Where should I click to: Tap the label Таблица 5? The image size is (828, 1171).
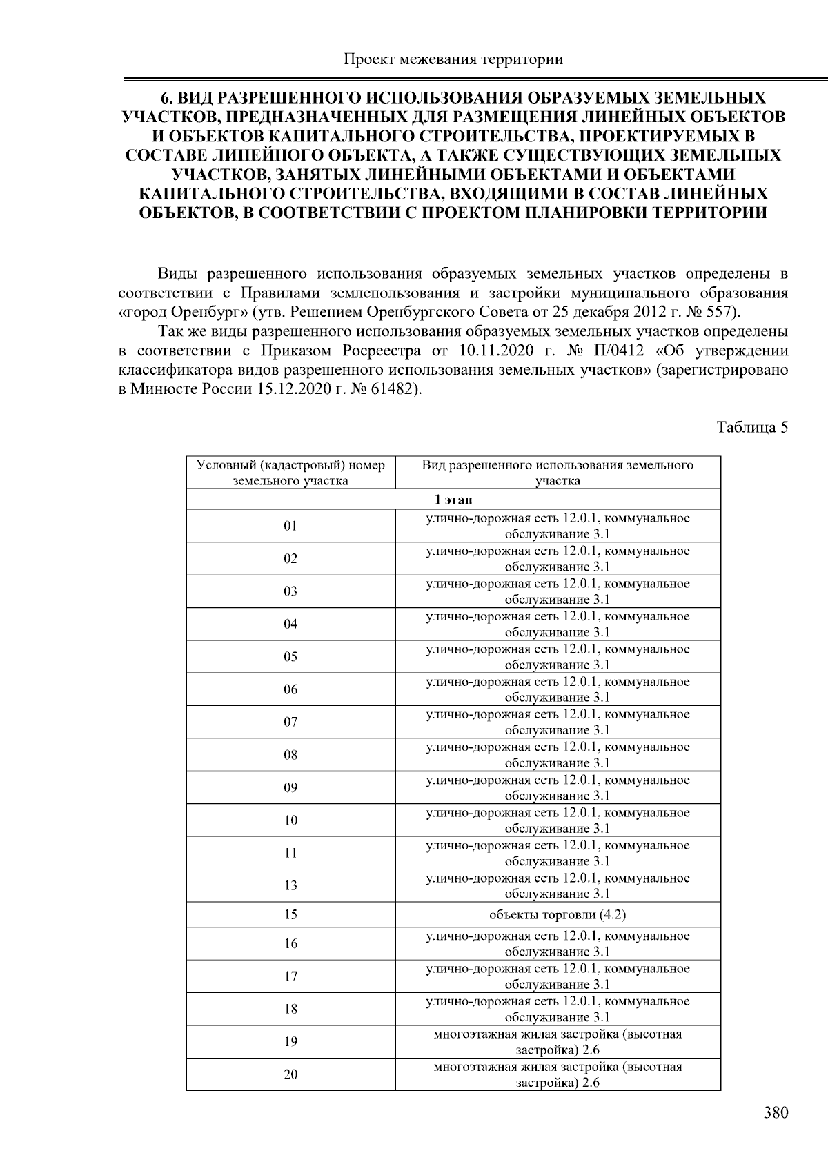(752, 427)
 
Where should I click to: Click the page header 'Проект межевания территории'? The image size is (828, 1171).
(453, 59)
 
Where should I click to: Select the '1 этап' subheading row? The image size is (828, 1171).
(453, 500)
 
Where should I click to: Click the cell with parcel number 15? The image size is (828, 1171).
(290, 914)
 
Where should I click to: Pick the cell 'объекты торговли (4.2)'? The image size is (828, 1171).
(558, 914)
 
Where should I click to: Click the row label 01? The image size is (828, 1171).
(290, 526)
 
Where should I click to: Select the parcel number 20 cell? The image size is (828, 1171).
(290, 1074)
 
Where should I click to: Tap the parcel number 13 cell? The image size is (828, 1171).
(290, 885)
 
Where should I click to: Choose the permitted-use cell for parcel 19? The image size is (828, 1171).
(558, 1042)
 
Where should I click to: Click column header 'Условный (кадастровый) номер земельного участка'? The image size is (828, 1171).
(290, 473)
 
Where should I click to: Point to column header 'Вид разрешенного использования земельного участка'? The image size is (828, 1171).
(558, 473)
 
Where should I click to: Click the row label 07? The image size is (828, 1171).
(290, 722)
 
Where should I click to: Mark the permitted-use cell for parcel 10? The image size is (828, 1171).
(558, 820)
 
